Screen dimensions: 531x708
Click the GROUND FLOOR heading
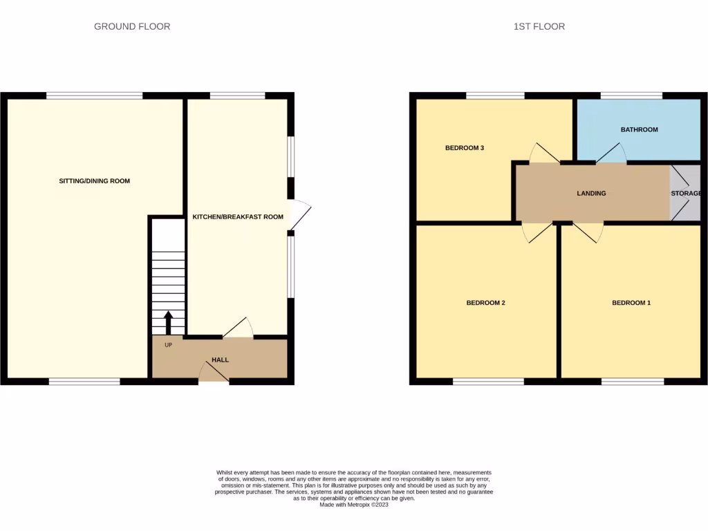pos(132,26)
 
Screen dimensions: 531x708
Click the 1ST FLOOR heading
pos(539,26)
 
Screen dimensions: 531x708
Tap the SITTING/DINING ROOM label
pos(94,181)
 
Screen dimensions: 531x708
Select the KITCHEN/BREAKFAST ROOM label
pos(238,216)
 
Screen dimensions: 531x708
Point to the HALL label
pos(220,360)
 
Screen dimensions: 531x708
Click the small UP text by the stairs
pos(168,344)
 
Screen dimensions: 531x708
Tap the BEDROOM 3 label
pos(464,148)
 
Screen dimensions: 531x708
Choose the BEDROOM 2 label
pos(486,303)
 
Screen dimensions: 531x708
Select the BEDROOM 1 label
pos(631,303)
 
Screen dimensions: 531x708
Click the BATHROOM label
pos(639,129)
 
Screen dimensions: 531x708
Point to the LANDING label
pos(591,194)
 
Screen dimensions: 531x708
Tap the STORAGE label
pos(686,194)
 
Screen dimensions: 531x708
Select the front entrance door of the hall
pos(214,372)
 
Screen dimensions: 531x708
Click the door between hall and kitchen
pos(238,329)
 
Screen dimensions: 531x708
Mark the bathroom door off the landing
pos(611,154)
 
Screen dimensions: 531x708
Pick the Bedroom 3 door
pos(544,154)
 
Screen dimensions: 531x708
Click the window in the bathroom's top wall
pos(631,95)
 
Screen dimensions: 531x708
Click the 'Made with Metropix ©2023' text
pos(355,505)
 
